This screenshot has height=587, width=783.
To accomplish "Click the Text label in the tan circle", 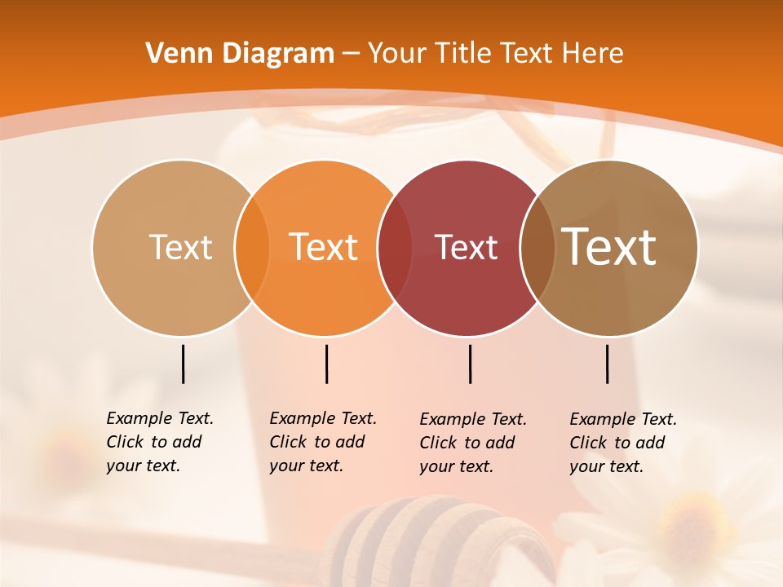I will [x=180, y=247].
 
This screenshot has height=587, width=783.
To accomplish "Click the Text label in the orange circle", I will [x=324, y=247].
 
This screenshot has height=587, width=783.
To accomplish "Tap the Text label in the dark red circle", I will [x=466, y=247].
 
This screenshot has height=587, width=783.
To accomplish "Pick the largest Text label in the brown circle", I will [x=609, y=247].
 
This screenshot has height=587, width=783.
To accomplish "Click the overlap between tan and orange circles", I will [x=252, y=247].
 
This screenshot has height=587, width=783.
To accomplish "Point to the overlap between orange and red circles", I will [x=395, y=247].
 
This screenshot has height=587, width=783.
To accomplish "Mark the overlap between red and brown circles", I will [x=537, y=247].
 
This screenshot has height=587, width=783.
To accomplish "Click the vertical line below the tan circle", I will [x=183, y=364].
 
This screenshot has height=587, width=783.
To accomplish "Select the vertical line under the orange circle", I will [x=326, y=364].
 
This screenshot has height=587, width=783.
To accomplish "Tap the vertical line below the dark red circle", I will [x=470, y=364].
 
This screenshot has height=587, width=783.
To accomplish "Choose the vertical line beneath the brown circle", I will [x=607, y=364].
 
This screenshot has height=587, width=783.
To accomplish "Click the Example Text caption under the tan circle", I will [x=159, y=442].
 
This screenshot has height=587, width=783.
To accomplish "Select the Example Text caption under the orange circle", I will [x=322, y=442].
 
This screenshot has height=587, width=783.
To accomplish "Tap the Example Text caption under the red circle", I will [x=472, y=443].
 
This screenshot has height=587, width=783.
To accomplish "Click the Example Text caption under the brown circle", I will [x=622, y=443].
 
